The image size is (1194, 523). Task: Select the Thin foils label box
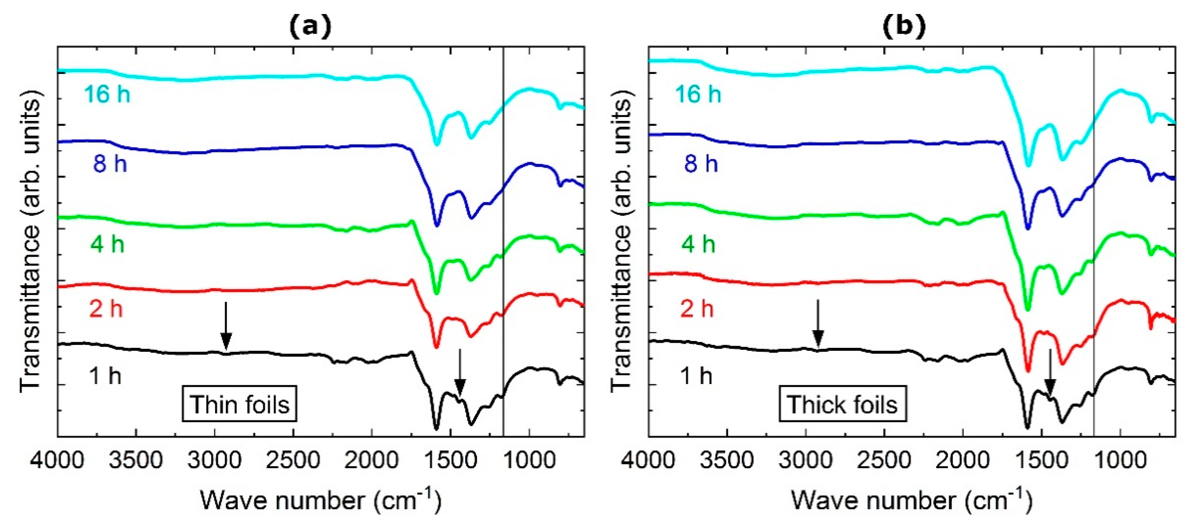239,404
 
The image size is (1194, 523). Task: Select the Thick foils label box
842,404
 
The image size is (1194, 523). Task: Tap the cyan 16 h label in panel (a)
107,95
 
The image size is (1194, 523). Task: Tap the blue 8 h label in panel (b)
701,164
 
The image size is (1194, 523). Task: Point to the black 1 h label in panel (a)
106,375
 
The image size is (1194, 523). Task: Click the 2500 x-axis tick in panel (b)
885,461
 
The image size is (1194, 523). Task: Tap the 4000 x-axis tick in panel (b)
648,461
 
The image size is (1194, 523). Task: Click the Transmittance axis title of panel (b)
621,241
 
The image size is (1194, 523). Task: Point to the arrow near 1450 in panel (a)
460,373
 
